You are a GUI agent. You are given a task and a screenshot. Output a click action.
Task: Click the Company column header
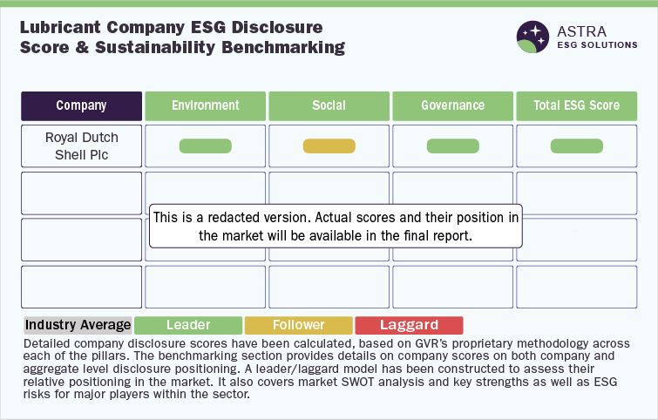pos(81,106)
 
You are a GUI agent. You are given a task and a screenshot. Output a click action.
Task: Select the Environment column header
pos(205,106)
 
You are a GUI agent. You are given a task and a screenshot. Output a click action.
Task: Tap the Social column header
pos(329,106)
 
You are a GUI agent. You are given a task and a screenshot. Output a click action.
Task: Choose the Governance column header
pos(453,106)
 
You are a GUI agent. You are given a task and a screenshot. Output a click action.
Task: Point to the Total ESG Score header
pos(577,106)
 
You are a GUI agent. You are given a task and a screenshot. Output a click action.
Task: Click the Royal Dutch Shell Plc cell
pos(81,146)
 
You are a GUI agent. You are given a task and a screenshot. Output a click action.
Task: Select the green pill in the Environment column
pos(205,146)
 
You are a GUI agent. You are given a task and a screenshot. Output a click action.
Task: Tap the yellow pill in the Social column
pos(329,146)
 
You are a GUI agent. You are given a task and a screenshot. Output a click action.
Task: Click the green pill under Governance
pos(453,146)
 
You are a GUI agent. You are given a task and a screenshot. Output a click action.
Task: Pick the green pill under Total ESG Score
pos(577,146)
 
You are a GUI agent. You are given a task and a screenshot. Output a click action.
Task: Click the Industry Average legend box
pos(78,325)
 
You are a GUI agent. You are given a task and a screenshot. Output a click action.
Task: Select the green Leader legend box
pos(188,325)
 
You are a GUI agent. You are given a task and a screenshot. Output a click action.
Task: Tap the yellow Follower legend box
pos(299,325)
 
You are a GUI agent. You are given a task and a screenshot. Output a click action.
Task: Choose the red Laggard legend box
pos(409,325)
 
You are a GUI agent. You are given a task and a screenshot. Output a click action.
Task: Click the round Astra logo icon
pos(533,37)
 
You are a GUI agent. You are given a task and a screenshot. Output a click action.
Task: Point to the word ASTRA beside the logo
pos(581,31)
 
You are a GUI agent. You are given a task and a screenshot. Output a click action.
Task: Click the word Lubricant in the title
pos(60,27)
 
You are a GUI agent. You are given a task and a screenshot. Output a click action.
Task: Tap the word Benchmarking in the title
pos(283,47)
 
